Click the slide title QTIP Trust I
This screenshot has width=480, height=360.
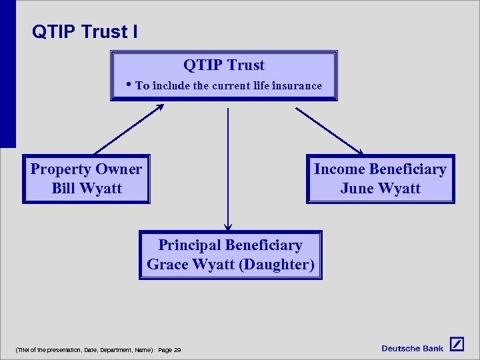click(85, 31)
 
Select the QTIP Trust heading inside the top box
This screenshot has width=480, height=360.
click(224, 65)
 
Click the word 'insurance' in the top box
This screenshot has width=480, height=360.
click(297, 85)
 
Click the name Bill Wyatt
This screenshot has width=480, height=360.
click(87, 188)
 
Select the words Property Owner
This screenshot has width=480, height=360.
click(86, 169)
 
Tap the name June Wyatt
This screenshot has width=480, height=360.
click(380, 188)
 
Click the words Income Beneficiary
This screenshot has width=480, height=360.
click(380, 169)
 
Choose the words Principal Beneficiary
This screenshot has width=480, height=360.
click(230, 245)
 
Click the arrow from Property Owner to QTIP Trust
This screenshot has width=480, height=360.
click(128, 129)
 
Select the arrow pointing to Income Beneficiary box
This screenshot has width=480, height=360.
click(329, 131)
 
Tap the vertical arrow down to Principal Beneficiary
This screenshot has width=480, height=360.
click(228, 167)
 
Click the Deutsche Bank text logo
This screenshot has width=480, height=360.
click(412, 348)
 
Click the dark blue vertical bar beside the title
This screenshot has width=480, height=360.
click(7, 73)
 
